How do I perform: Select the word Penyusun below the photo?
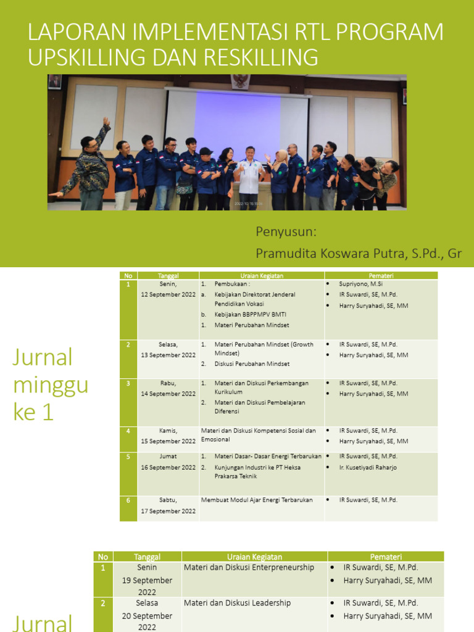coord(286,231)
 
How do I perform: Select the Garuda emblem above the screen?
coord(240,81)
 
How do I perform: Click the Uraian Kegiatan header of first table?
coord(262,276)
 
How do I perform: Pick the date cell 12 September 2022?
coord(168,294)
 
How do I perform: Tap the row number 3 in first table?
coord(128,383)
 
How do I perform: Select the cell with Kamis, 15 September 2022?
coord(168,436)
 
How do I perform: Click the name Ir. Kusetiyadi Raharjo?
coord(368,467)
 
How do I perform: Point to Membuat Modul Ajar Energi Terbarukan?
coord(257,500)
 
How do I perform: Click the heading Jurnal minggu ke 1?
coord(50,384)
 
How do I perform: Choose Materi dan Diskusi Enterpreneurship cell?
coord(249,567)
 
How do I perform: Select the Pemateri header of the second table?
coord(386,556)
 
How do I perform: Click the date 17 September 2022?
coord(168,511)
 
